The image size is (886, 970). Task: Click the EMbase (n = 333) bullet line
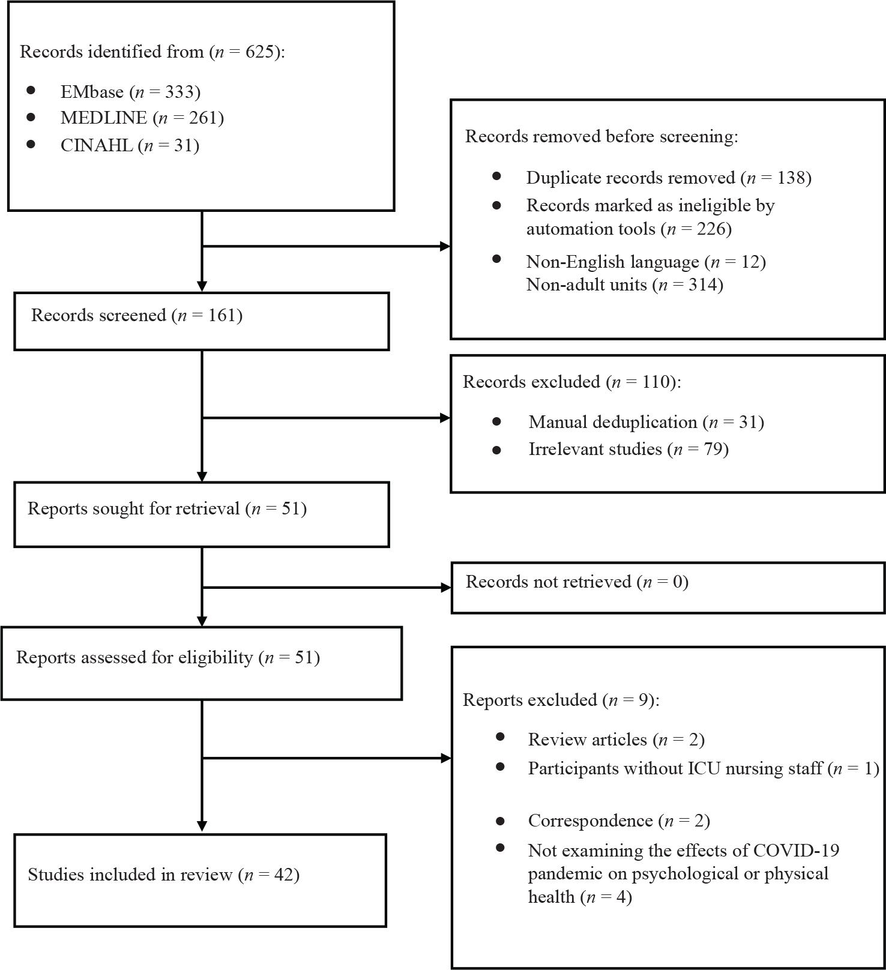[130, 92]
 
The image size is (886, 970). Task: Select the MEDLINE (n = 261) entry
[142, 118]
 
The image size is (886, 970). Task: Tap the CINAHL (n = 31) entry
[130, 145]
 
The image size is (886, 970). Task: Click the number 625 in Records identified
[260, 52]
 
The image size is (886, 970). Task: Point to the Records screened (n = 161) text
[137, 315]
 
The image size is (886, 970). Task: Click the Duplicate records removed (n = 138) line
[669, 178]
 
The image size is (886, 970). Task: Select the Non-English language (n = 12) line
[646, 262]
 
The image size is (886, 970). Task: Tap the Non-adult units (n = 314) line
[624, 284]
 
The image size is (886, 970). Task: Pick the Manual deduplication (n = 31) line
[646, 422]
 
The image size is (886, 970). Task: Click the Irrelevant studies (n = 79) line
[628, 449]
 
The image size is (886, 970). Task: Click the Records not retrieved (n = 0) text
[577, 582]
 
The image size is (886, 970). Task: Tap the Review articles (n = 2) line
[616, 740]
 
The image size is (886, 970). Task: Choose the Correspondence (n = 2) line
[619, 821]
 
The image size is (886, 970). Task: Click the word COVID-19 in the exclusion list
[796, 851]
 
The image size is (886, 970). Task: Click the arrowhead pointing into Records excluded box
[445, 418]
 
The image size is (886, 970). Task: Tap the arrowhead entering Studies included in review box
[202, 827]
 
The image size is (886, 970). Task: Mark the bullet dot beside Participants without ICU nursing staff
[500, 767]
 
